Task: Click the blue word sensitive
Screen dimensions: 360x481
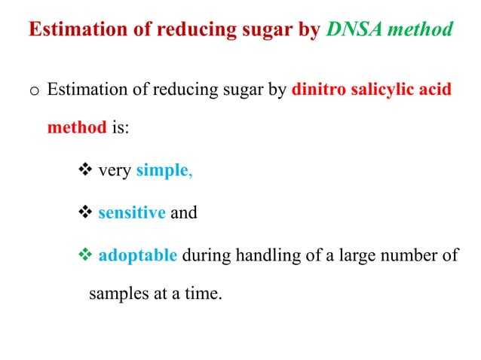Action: click(132, 213)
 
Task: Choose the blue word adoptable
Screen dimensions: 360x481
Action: click(138, 255)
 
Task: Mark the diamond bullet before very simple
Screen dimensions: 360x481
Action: click(84, 170)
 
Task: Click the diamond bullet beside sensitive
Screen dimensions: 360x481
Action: click(84, 213)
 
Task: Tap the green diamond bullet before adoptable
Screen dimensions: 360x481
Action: click(84, 255)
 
